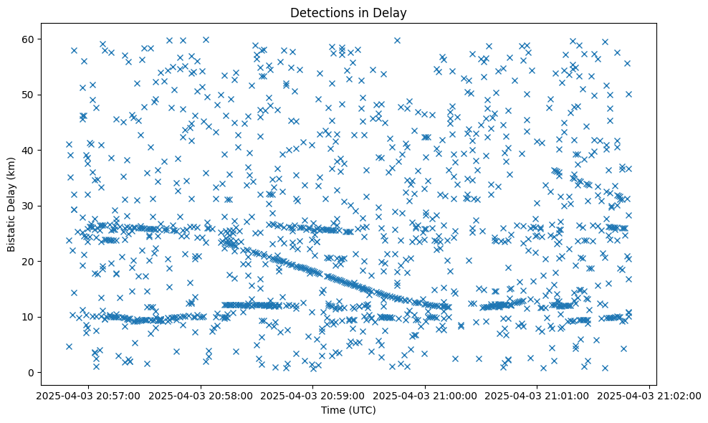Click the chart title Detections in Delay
tap(348, 12)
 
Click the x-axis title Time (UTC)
tap(348, 410)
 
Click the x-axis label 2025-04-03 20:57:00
tap(88, 395)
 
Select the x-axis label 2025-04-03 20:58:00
tap(201, 395)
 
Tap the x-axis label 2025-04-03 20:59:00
tap(313, 395)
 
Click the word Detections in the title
tap(322, 12)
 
